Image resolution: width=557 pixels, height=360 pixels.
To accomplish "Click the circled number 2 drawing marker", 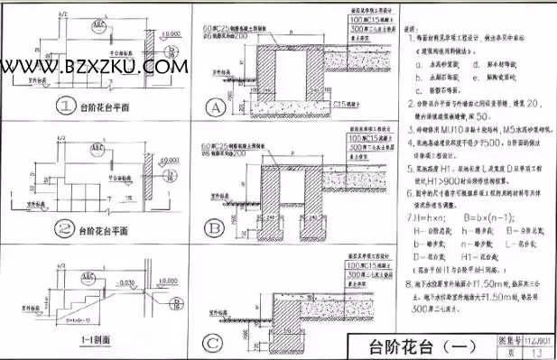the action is (x=65, y=231).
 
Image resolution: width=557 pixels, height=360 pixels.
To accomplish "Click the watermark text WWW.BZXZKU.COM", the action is (x=94, y=66).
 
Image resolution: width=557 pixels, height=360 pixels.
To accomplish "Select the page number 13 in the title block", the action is (x=538, y=352).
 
